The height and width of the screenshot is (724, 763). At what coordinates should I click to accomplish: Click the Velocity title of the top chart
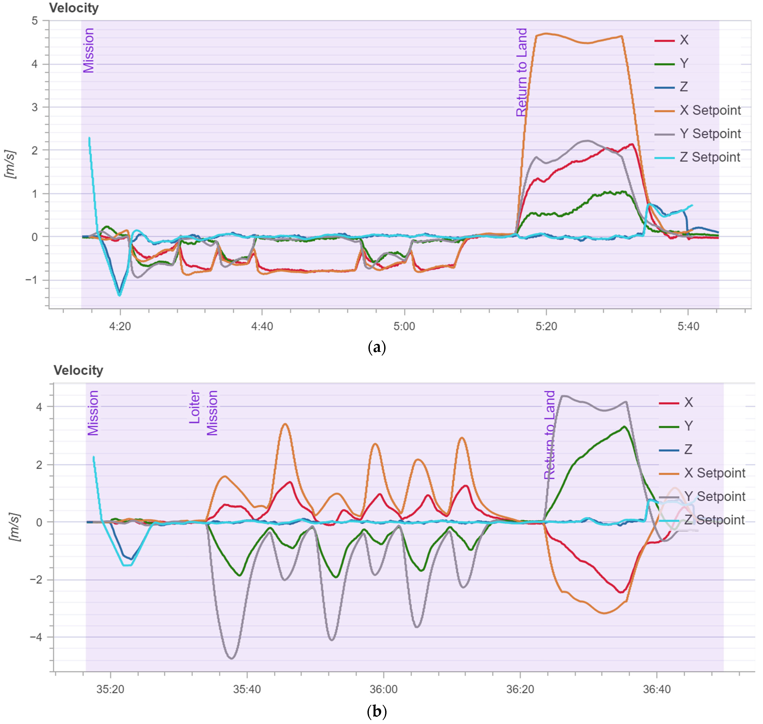tap(74, 8)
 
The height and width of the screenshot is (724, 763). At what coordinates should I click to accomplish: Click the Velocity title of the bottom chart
tap(78, 371)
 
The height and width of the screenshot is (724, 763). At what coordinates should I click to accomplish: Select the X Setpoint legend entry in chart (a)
tap(710, 110)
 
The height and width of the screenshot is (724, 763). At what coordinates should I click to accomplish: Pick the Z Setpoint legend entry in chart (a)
tap(710, 157)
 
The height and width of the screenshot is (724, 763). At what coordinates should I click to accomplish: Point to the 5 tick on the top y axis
tap(35, 21)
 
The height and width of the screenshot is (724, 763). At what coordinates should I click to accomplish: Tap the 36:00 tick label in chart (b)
tap(383, 689)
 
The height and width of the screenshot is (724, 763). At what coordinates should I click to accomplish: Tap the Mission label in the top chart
tap(88, 50)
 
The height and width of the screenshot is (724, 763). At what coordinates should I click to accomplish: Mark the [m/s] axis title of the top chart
tap(10, 164)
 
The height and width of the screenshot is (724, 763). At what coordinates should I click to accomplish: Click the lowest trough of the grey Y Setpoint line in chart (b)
tap(232, 658)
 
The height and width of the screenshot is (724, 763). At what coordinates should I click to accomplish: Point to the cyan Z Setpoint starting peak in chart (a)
tap(89, 138)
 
